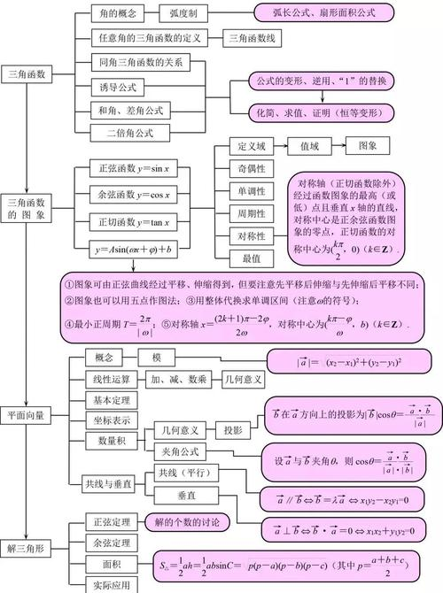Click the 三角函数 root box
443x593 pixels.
(27, 75)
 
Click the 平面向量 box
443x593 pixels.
(27, 412)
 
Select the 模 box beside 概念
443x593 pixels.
(157, 357)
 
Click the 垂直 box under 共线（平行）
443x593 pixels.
(186, 495)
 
